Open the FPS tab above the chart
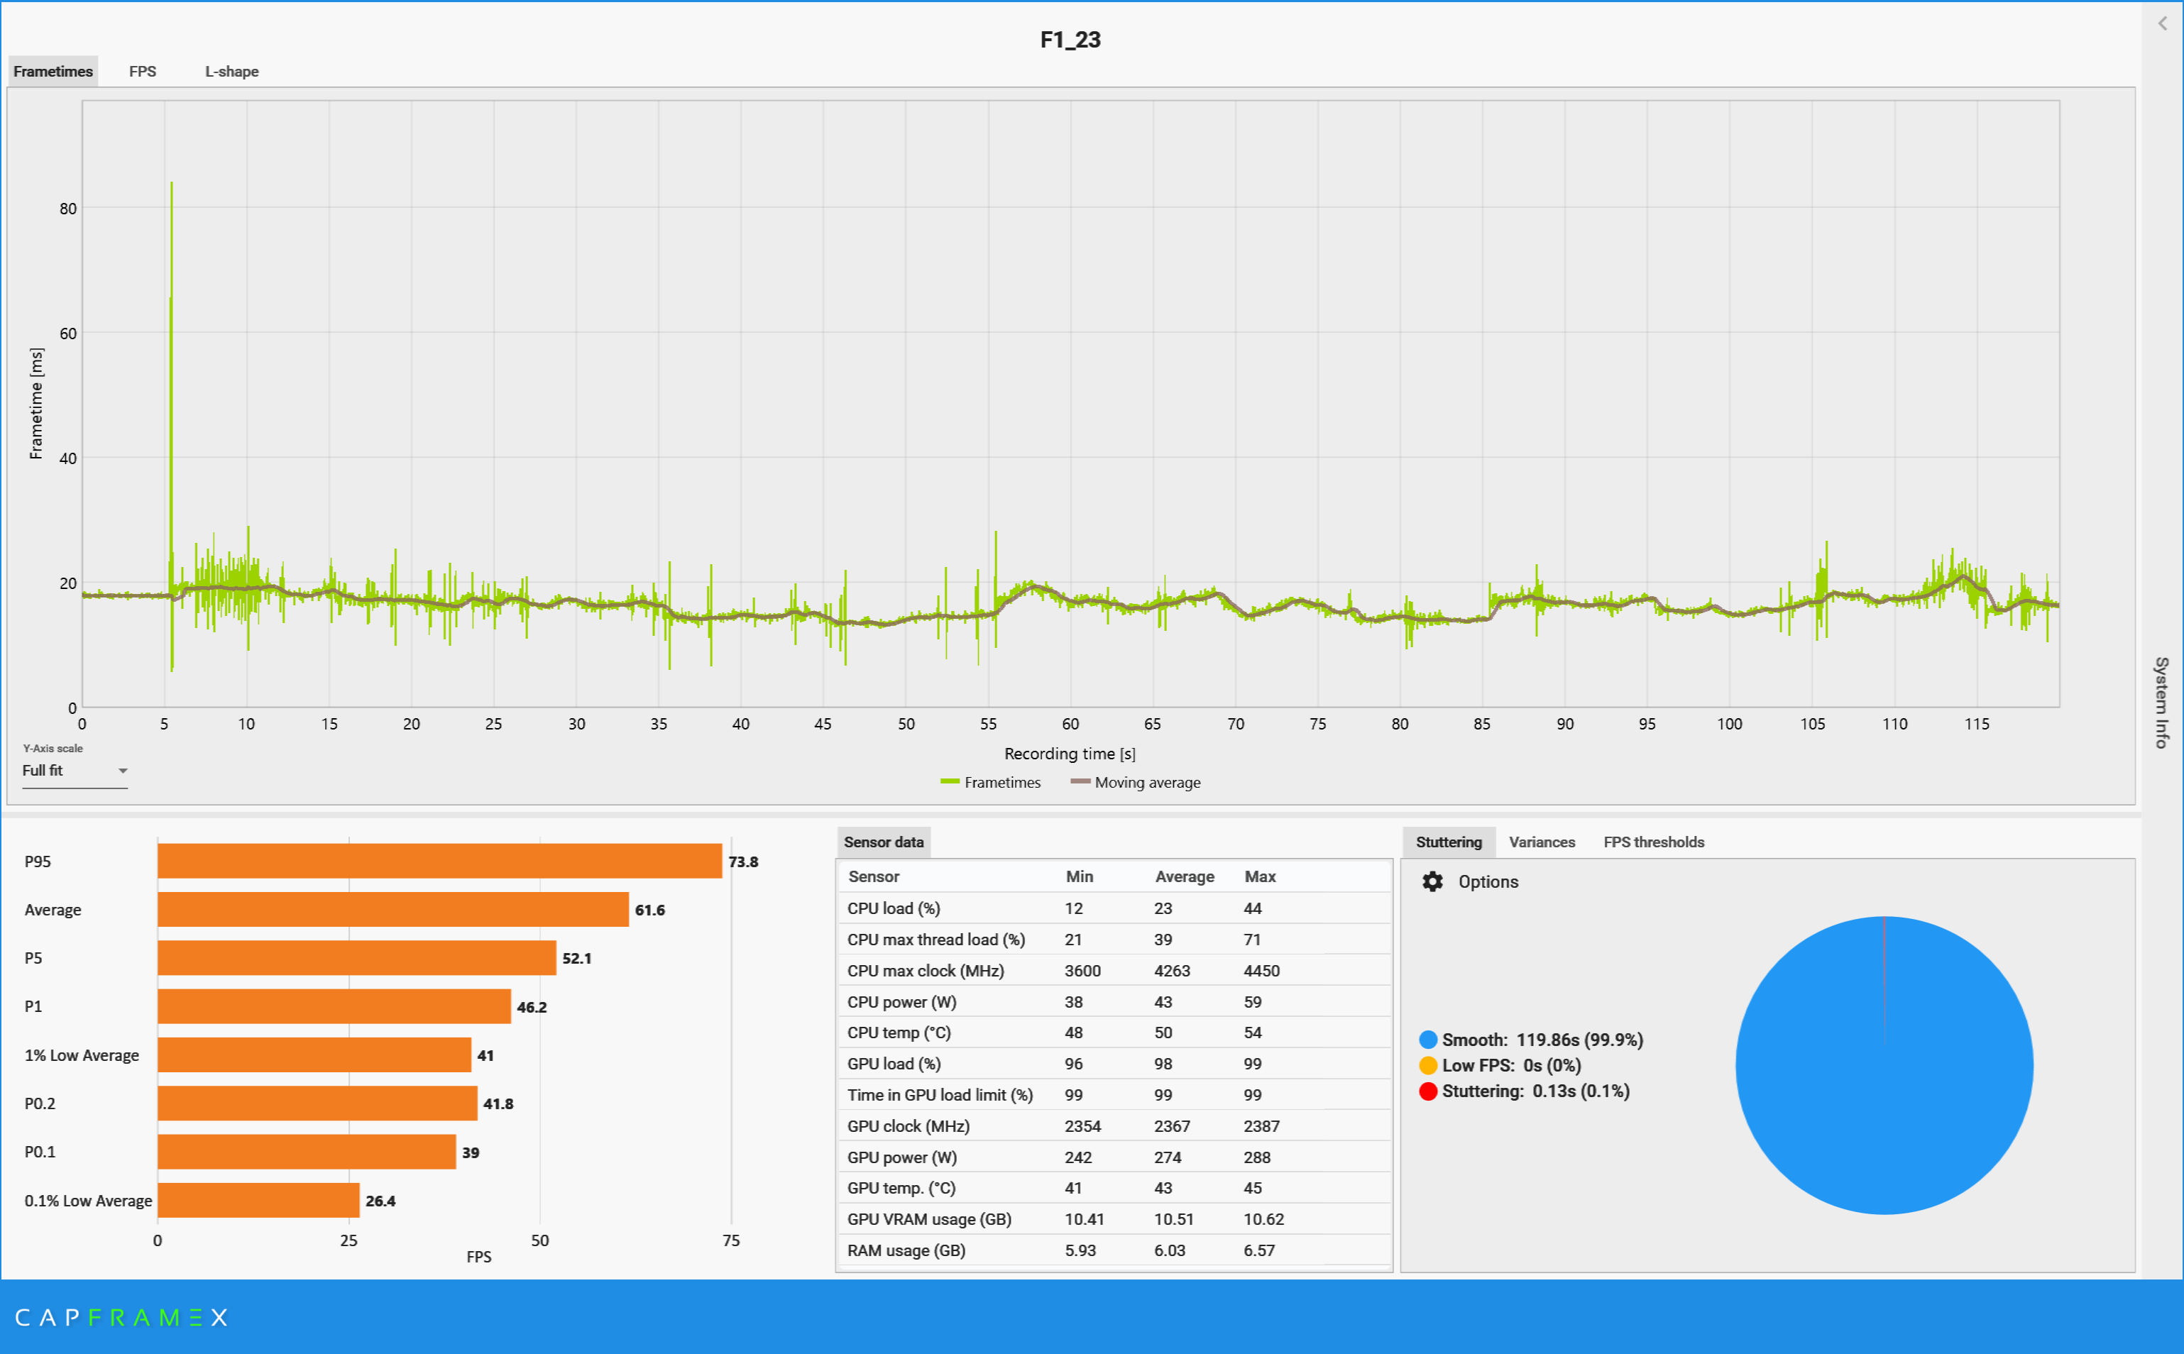coord(143,72)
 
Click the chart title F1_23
coord(1070,40)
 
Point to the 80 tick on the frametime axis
coord(68,209)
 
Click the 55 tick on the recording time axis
coord(988,724)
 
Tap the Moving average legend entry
coord(1136,783)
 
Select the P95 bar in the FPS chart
coord(439,862)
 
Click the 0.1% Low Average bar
coord(258,1201)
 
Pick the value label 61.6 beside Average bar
coord(650,910)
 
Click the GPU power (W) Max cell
coord(1256,1157)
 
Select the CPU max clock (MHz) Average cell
coord(1171,971)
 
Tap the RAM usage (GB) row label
coord(906,1250)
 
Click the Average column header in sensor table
coord(1184,876)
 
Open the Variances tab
coord(1541,842)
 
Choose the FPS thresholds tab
coord(1653,842)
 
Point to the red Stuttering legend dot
coord(1428,1091)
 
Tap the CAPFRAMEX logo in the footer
coord(122,1317)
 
